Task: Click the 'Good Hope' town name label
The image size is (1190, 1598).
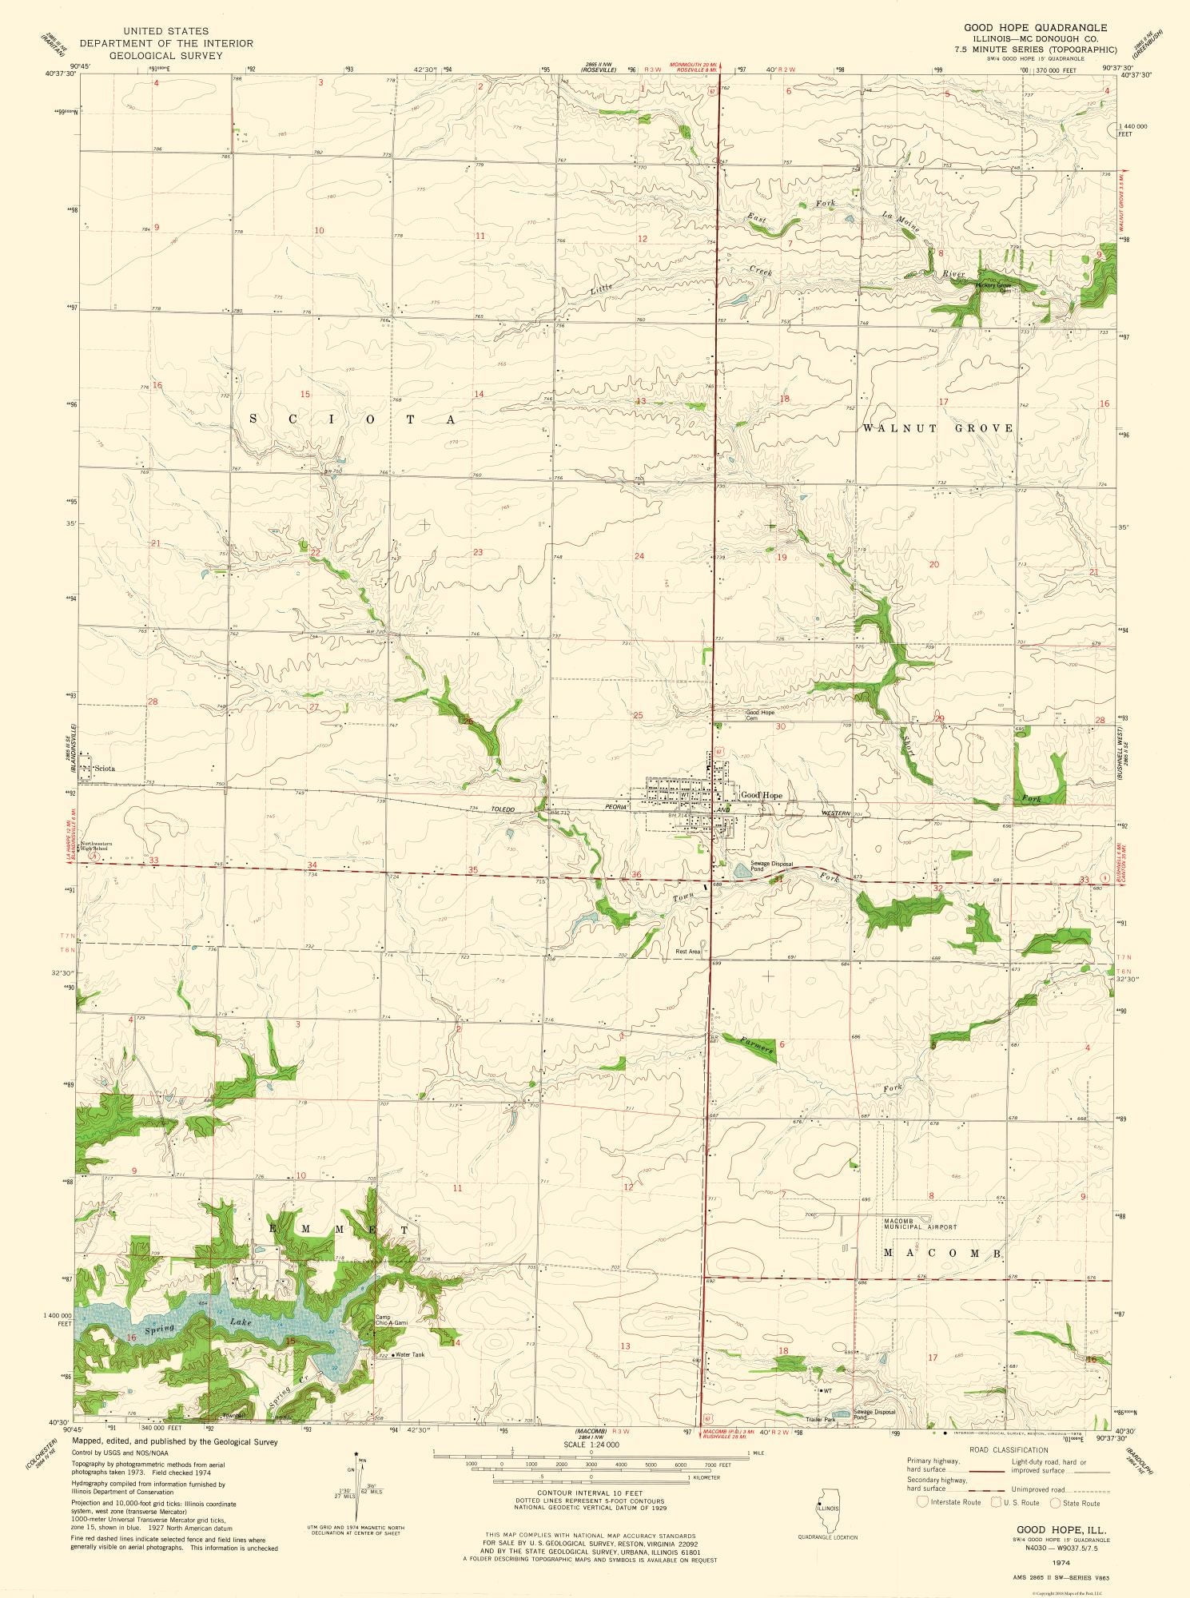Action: tap(762, 796)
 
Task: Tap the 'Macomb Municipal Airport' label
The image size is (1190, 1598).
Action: tap(920, 1224)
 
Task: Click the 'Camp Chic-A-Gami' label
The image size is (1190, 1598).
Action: tap(392, 1319)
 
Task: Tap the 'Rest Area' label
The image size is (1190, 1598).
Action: tap(687, 952)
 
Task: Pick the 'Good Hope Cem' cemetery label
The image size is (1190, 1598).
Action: tap(760, 715)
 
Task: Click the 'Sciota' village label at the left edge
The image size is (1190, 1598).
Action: tap(105, 769)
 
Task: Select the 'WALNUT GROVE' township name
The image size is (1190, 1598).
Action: tap(937, 428)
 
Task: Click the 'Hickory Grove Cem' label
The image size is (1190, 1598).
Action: tap(993, 287)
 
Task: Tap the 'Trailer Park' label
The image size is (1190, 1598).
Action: tap(820, 1419)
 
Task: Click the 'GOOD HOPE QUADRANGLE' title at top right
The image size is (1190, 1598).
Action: tap(1035, 27)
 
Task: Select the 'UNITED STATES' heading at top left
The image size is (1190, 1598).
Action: tap(166, 31)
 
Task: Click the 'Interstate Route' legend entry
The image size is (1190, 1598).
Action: tap(951, 1502)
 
